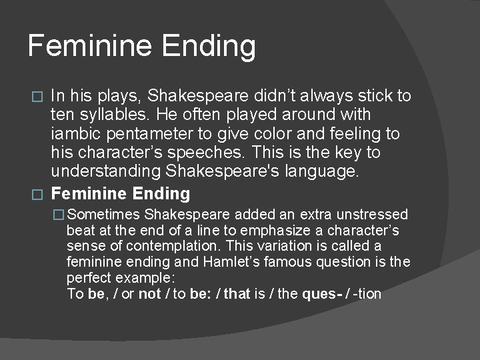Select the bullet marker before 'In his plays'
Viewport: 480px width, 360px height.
39,96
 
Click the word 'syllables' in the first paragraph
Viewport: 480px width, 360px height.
107,115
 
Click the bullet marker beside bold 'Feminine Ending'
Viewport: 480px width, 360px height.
39,195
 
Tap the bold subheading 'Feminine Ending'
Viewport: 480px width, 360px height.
121,194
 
